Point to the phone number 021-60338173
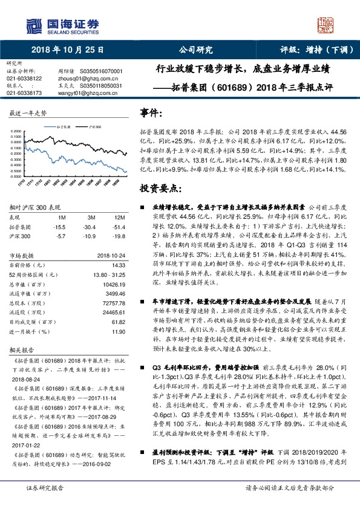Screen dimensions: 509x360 click(24, 93)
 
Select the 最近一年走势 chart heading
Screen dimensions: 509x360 click(28, 113)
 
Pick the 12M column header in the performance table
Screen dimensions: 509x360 click(120, 216)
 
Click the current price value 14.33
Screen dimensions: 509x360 click(120, 266)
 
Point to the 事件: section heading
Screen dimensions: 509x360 click(152, 113)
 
